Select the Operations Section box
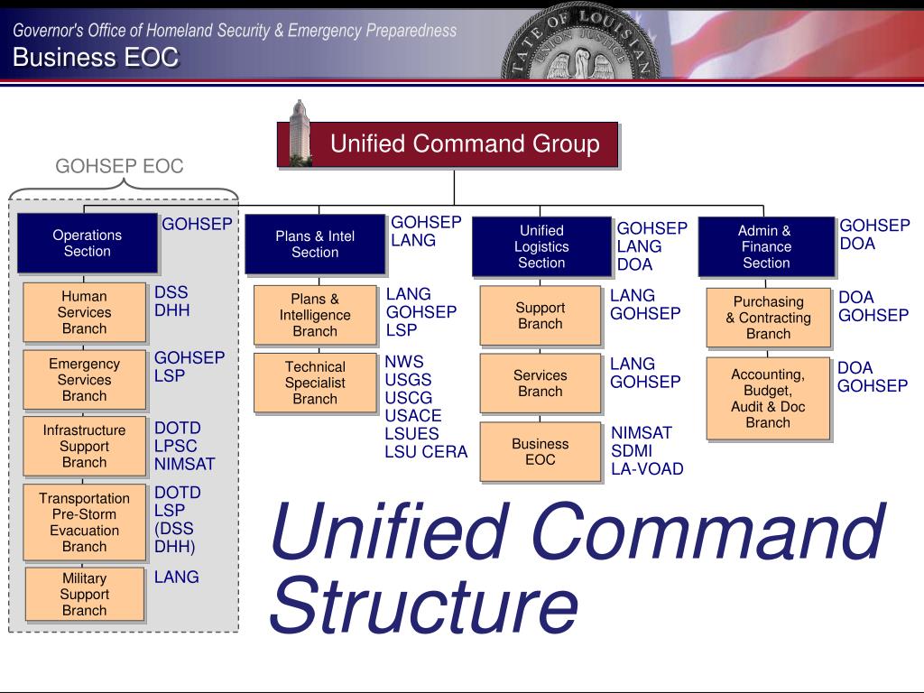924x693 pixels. (x=88, y=244)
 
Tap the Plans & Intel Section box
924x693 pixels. (x=315, y=245)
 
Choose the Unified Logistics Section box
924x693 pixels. (x=541, y=246)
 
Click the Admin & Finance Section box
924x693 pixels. (x=765, y=246)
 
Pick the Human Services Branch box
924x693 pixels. (x=84, y=312)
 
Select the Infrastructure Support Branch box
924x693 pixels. (x=84, y=446)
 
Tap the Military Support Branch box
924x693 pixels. (x=84, y=594)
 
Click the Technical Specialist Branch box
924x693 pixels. (x=315, y=383)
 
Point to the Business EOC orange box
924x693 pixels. (x=540, y=451)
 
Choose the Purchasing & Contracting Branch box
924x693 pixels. (x=768, y=318)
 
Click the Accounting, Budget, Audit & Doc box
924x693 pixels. (x=767, y=398)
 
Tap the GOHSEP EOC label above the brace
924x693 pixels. (x=119, y=166)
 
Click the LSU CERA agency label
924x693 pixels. (x=426, y=452)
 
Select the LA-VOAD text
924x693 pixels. (x=647, y=468)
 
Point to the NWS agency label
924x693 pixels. (x=403, y=362)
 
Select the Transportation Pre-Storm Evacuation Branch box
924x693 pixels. (x=84, y=522)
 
